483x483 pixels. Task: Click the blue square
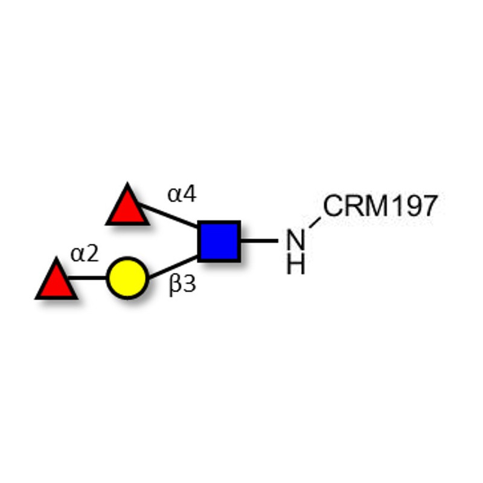coord(219,241)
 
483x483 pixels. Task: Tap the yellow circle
coord(127,278)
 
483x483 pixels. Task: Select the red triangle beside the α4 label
coord(127,206)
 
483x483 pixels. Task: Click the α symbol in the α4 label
coord(174,195)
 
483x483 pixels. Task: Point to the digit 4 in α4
coord(189,193)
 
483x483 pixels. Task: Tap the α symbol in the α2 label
coord(77,255)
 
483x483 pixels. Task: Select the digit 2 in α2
coord(92,253)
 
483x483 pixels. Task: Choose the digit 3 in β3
coord(189,284)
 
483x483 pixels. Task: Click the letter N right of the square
coord(296,239)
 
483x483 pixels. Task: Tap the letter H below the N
coord(296,264)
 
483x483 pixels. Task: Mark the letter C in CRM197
coord(333,206)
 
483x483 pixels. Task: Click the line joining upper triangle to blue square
coord(168,216)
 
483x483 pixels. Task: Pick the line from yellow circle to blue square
coord(173,267)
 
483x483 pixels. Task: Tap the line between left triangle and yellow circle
coord(87,278)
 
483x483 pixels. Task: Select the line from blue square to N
coord(259,240)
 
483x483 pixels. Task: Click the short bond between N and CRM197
coord(315,222)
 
